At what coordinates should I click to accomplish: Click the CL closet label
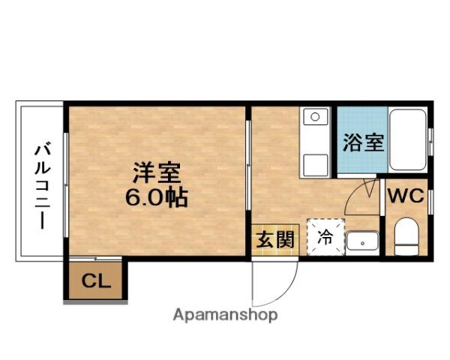coord(95,282)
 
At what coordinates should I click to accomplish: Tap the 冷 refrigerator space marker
coord(325,238)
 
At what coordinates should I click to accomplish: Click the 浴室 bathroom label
coord(363,142)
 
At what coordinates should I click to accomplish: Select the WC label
coord(405,196)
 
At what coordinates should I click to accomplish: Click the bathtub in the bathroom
coord(408,139)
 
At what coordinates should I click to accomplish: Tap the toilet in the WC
coord(405,236)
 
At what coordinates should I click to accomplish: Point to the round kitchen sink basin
coord(316,117)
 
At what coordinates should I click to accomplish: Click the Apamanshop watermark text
coord(225,315)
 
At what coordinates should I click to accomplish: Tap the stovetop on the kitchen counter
coord(315,162)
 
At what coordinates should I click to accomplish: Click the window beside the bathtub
coord(430,139)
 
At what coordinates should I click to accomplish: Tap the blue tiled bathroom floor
coord(361,124)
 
